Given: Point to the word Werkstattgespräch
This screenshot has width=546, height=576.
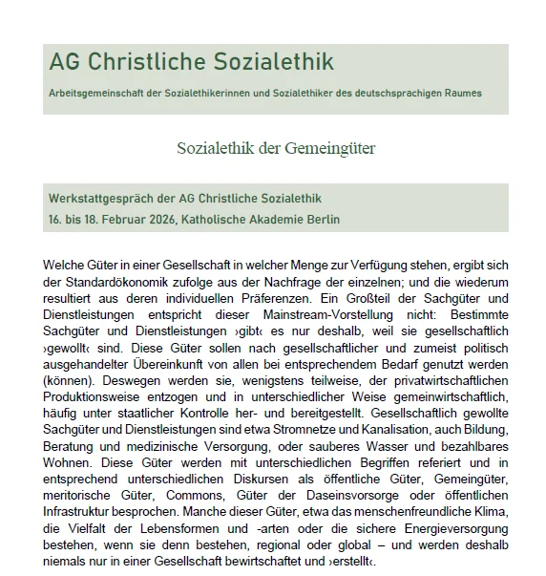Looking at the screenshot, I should coord(106,199).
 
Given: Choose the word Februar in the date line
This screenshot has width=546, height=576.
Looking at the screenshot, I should coord(113,219).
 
